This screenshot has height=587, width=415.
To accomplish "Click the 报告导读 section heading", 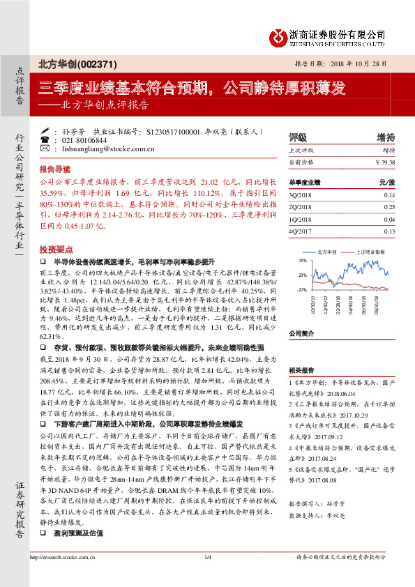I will point(54,169).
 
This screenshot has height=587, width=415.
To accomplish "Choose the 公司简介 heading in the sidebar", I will point(303,333).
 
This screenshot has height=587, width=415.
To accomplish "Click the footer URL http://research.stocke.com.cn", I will point(60,576).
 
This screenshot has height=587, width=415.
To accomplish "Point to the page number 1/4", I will point(207,576).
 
